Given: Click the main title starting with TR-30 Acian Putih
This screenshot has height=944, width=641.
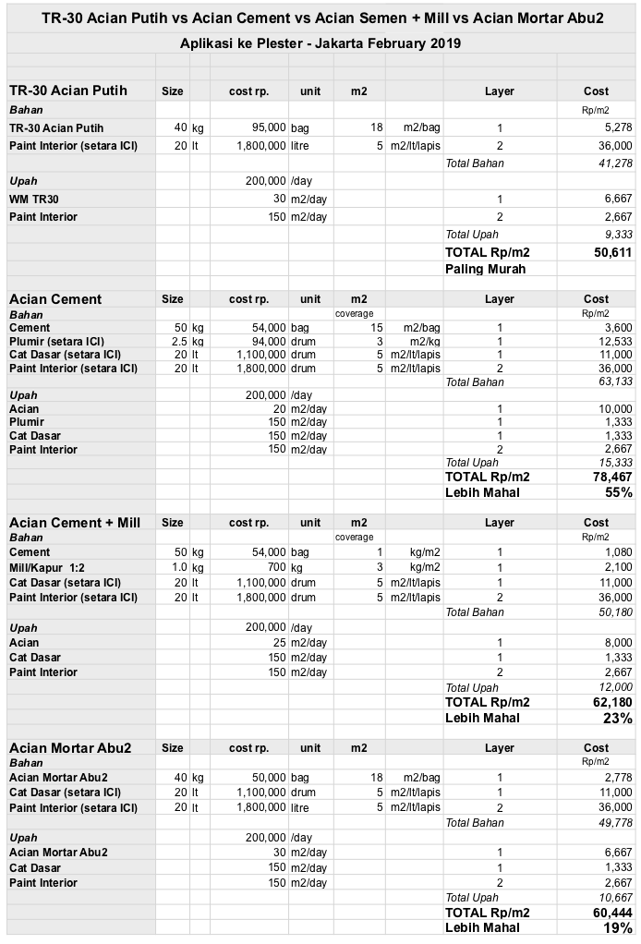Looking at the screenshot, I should [320, 18].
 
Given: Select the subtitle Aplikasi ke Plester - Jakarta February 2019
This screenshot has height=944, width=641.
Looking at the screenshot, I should [320, 43].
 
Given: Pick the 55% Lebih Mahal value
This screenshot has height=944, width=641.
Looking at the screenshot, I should [619, 492].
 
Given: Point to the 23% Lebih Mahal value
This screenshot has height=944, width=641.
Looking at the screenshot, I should [619, 718].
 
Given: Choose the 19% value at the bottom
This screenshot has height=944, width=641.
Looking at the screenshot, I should [619, 928].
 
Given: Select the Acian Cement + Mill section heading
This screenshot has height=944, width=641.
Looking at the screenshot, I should [75, 523].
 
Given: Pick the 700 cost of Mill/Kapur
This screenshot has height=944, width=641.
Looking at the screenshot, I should [275, 567].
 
